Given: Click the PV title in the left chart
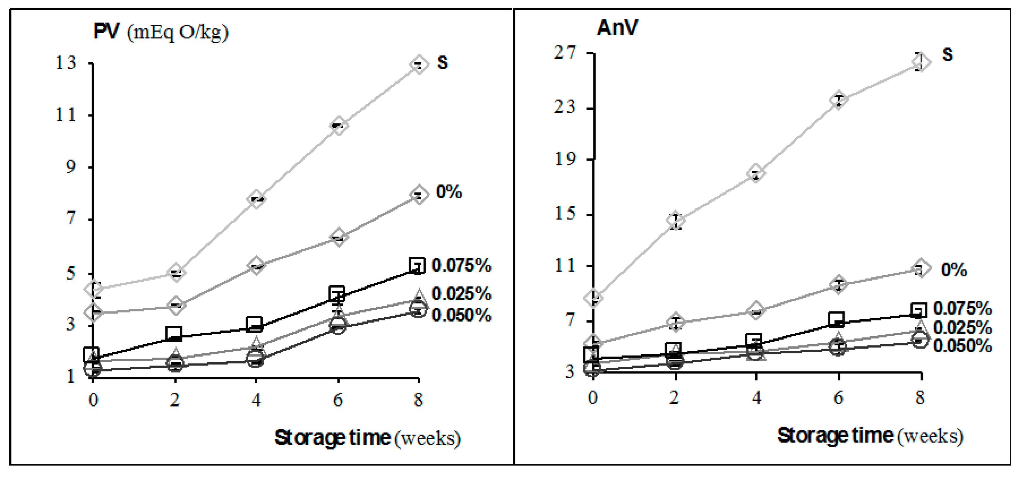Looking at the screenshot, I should pyautogui.click(x=106, y=31).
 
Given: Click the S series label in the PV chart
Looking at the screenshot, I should pyautogui.click(x=442, y=63).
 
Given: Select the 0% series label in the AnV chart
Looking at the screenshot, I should pyautogui.click(x=954, y=270).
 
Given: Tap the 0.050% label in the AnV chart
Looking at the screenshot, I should pyautogui.click(x=962, y=346).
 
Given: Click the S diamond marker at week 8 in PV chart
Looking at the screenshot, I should pyautogui.click(x=419, y=64).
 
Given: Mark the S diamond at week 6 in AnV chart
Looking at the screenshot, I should pyautogui.click(x=838, y=99).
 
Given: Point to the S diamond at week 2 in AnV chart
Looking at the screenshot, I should pyautogui.click(x=675, y=221).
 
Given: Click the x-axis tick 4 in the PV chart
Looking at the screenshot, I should pyautogui.click(x=257, y=400).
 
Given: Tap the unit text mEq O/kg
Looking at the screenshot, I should pyautogui.click(x=178, y=32).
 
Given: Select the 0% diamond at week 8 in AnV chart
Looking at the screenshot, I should pyautogui.click(x=920, y=268).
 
